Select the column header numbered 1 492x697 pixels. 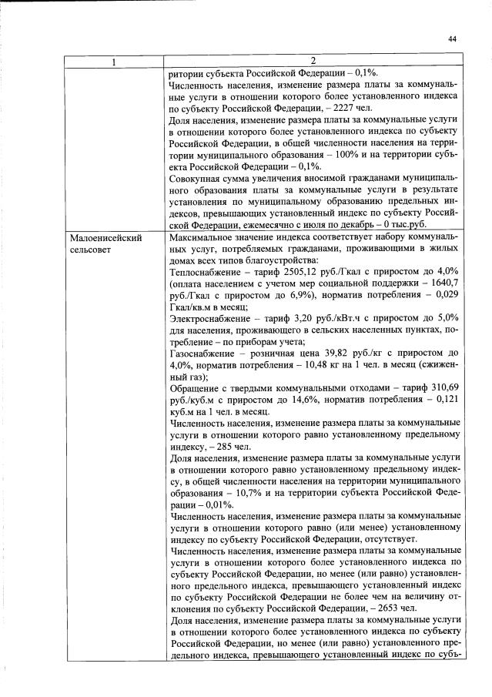[113, 60]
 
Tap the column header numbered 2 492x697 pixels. [313, 60]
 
